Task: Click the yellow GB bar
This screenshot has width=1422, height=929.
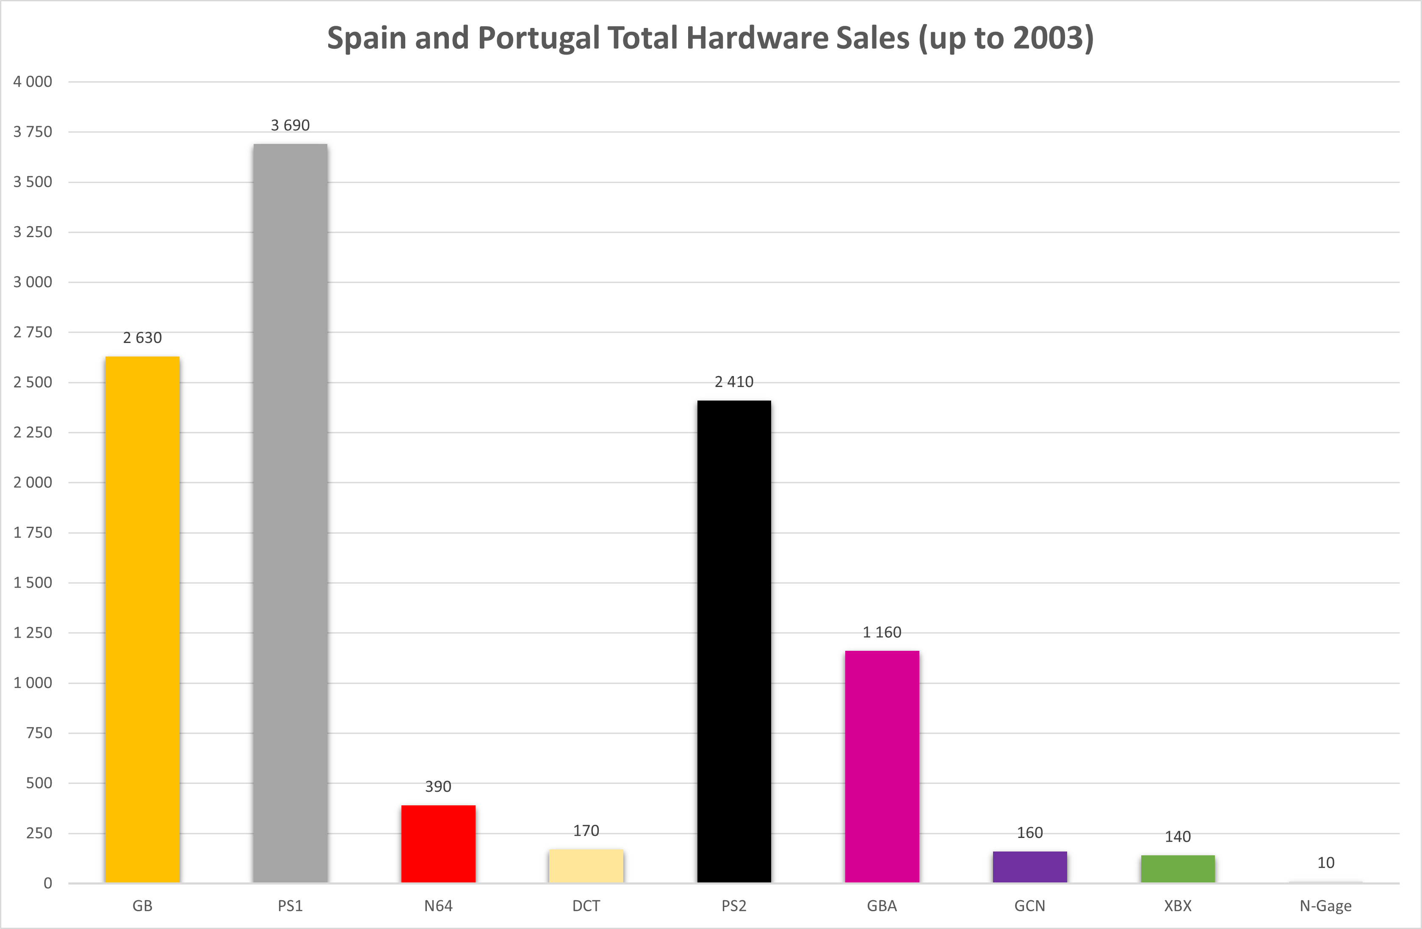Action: click(142, 619)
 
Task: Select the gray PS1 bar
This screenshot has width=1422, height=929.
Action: click(290, 513)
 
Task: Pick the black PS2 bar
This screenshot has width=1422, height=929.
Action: click(734, 641)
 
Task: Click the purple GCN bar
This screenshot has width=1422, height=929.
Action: click(1030, 867)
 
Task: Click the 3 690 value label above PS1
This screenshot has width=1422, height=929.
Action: click(290, 125)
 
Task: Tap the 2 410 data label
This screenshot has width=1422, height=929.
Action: click(734, 382)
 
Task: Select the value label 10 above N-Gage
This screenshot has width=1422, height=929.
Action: click(1326, 863)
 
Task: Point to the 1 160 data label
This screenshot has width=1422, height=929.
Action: click(882, 632)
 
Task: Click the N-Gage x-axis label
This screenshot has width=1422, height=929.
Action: click(1326, 906)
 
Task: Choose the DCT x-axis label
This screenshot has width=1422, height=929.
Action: click(586, 906)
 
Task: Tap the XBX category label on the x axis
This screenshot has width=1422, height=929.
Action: click(1178, 906)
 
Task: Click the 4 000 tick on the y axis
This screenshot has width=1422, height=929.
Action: click(33, 82)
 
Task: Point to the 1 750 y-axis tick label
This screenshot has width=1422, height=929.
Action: click(33, 532)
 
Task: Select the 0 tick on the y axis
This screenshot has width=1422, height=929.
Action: click(48, 883)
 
